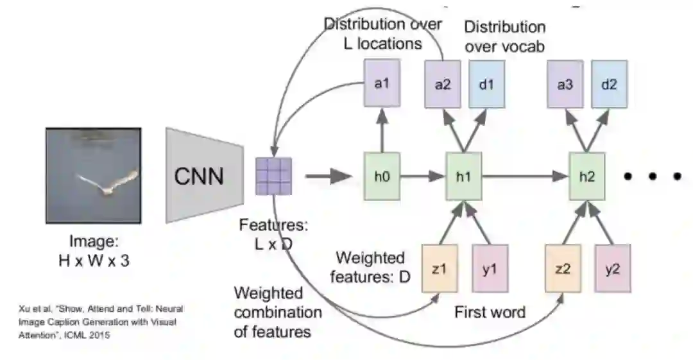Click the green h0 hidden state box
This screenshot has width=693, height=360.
click(382, 176)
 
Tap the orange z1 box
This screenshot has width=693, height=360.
click(440, 268)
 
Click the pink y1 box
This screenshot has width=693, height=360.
click(490, 268)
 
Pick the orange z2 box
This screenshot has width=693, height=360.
click(563, 268)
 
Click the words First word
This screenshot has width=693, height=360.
click(490, 313)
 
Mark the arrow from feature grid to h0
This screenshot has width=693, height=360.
click(329, 176)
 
